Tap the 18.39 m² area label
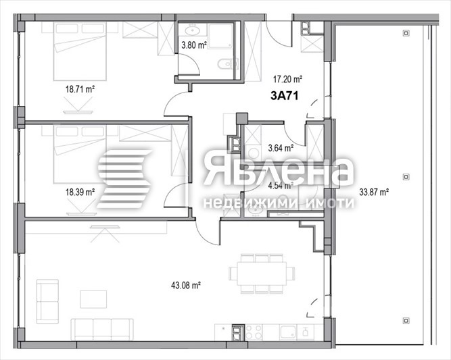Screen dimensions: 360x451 tap(80, 192)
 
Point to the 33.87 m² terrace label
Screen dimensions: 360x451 tap(374, 192)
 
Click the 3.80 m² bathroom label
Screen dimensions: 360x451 tap(193, 47)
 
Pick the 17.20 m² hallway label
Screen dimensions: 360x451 tap(286, 79)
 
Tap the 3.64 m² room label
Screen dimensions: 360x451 tap(280, 147)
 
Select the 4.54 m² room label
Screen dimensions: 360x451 tap(280, 184)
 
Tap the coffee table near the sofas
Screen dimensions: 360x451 tap(93, 299)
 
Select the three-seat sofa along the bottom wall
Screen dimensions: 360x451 tap(101, 328)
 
